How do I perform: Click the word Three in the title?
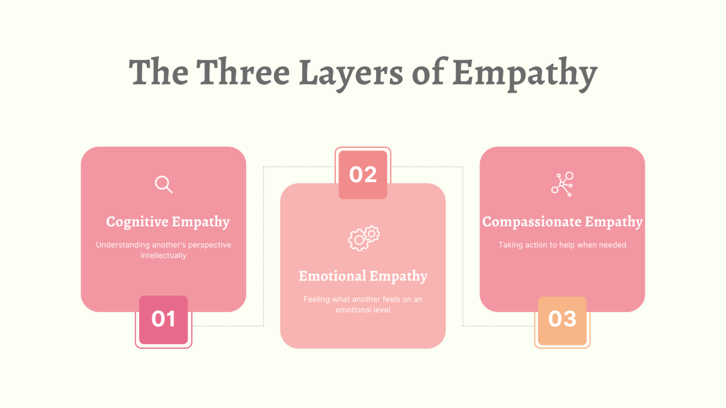point(243,72)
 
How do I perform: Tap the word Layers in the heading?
point(351,75)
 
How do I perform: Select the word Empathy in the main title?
point(524,75)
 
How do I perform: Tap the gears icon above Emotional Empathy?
point(364,238)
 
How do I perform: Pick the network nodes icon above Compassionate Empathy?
point(563,184)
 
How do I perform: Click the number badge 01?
point(163,320)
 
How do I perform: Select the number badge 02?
point(363,175)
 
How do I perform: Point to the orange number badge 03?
point(563,321)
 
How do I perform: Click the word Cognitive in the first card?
point(138,222)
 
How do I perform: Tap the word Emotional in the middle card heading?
point(333,276)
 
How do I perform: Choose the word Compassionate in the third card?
point(532,222)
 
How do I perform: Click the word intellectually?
point(163,255)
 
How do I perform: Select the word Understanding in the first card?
point(123,245)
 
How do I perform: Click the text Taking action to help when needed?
point(563,245)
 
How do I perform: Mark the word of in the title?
point(428,72)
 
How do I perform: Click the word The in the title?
point(159,72)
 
